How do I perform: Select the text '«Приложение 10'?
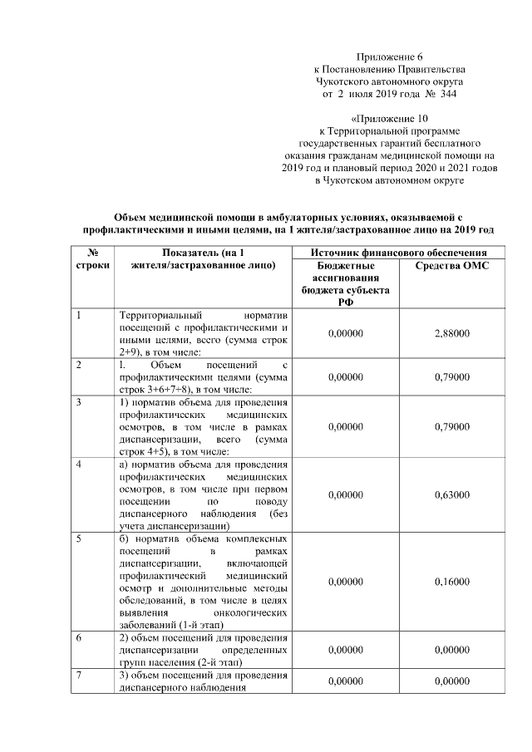click(389, 118)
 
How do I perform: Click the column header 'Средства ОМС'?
click(452, 265)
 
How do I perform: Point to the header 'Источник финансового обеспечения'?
click(398, 252)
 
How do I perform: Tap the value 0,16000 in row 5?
click(452, 582)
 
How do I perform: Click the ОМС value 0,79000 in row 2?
click(452, 376)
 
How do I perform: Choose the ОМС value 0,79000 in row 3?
click(452, 427)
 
